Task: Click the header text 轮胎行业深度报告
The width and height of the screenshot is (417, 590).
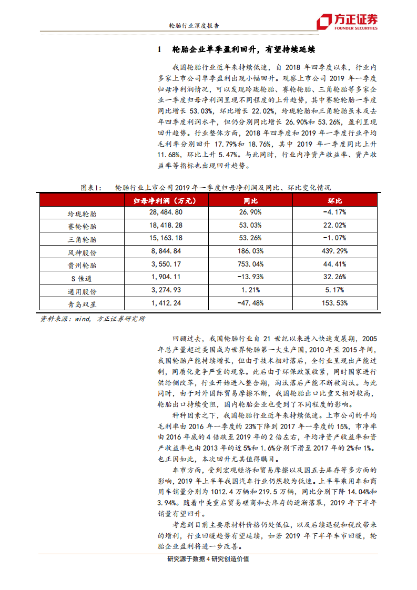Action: [194, 25]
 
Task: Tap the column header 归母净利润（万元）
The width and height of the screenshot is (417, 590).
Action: [165, 201]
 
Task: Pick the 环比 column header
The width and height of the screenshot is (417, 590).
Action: [335, 201]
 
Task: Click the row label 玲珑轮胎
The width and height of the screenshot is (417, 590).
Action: [82, 213]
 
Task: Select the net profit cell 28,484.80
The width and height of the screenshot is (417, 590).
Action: [166, 212]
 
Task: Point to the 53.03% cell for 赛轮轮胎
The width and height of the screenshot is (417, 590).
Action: [250, 225]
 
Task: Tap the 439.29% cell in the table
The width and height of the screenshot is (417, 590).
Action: [334, 251]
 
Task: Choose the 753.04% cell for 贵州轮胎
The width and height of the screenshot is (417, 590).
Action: [250, 264]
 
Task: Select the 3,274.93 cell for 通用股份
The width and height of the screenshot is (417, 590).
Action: [166, 290]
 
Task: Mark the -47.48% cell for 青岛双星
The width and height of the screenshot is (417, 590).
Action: [250, 303]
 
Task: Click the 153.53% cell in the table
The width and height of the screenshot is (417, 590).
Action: [334, 303]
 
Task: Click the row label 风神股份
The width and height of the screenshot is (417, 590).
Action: [82, 252]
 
